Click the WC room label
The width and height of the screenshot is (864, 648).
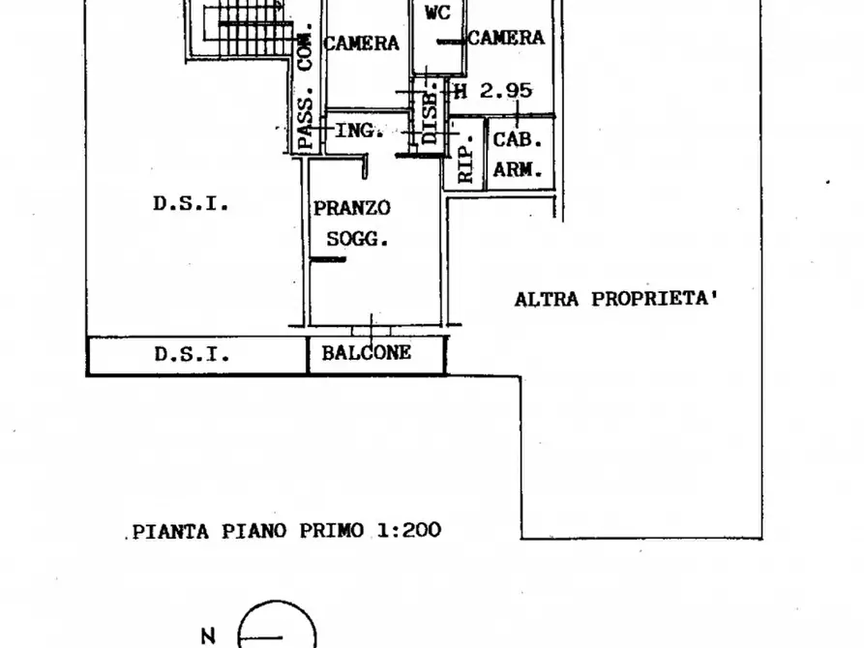[438, 13]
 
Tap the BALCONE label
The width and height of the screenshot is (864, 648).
[367, 353]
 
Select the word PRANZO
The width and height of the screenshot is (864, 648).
[352, 208]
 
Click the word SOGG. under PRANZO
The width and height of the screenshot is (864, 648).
[357, 239]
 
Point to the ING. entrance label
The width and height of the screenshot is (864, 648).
[359, 131]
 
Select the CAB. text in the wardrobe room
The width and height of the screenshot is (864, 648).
[518, 140]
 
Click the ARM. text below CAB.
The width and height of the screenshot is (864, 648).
[518, 169]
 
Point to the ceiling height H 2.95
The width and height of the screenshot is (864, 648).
[492, 90]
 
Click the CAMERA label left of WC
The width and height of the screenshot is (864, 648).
[361, 43]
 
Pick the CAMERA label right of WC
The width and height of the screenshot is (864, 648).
[506, 38]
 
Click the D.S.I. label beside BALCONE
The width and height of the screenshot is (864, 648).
[192, 354]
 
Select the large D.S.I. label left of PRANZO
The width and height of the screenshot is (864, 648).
[191, 204]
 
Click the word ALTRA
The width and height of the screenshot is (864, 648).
[539, 300]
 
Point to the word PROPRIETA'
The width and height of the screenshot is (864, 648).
[655, 299]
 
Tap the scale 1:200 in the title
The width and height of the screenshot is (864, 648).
[409, 530]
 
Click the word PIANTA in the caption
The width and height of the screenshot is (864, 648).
[171, 532]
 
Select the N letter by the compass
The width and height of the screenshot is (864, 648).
[208, 636]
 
